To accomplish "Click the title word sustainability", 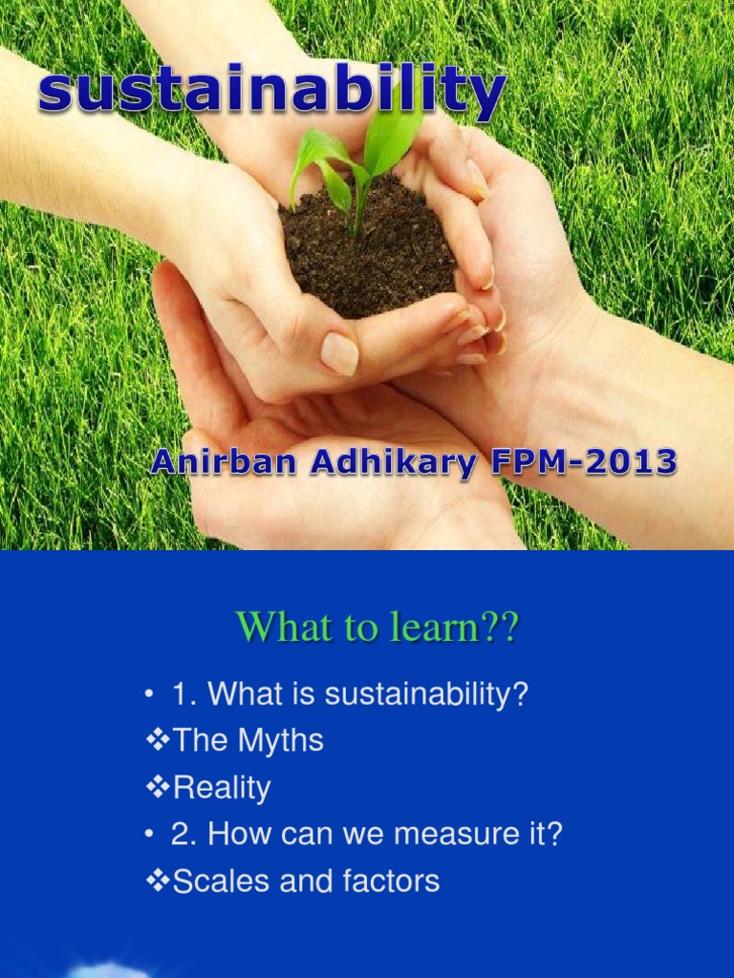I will [271, 91].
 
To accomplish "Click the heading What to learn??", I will [377, 627].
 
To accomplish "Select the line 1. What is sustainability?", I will [349, 694].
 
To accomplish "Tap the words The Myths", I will [248, 741].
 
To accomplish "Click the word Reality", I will [221, 788].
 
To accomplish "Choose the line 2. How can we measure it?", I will [366, 835].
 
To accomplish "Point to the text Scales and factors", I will [306, 881].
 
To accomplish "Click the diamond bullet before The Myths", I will [159, 741].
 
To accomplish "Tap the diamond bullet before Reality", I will [159, 788].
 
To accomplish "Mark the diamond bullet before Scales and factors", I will [159, 881].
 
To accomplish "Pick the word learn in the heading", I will [447, 627].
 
